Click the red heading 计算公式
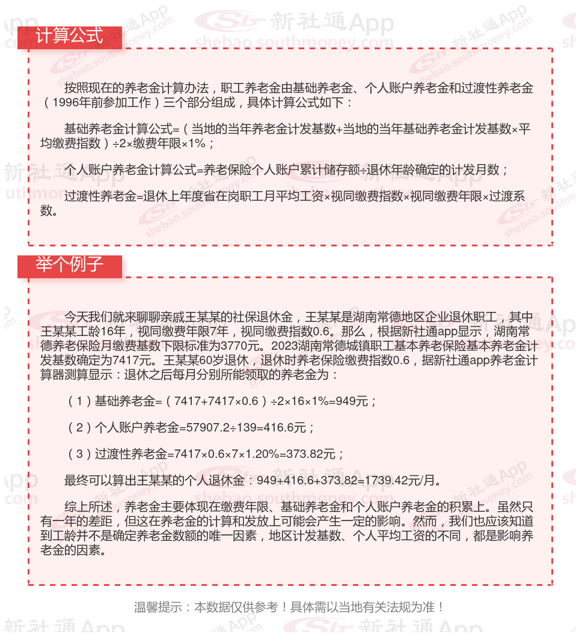(69, 36)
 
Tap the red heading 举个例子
(69, 265)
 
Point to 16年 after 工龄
(112, 332)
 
